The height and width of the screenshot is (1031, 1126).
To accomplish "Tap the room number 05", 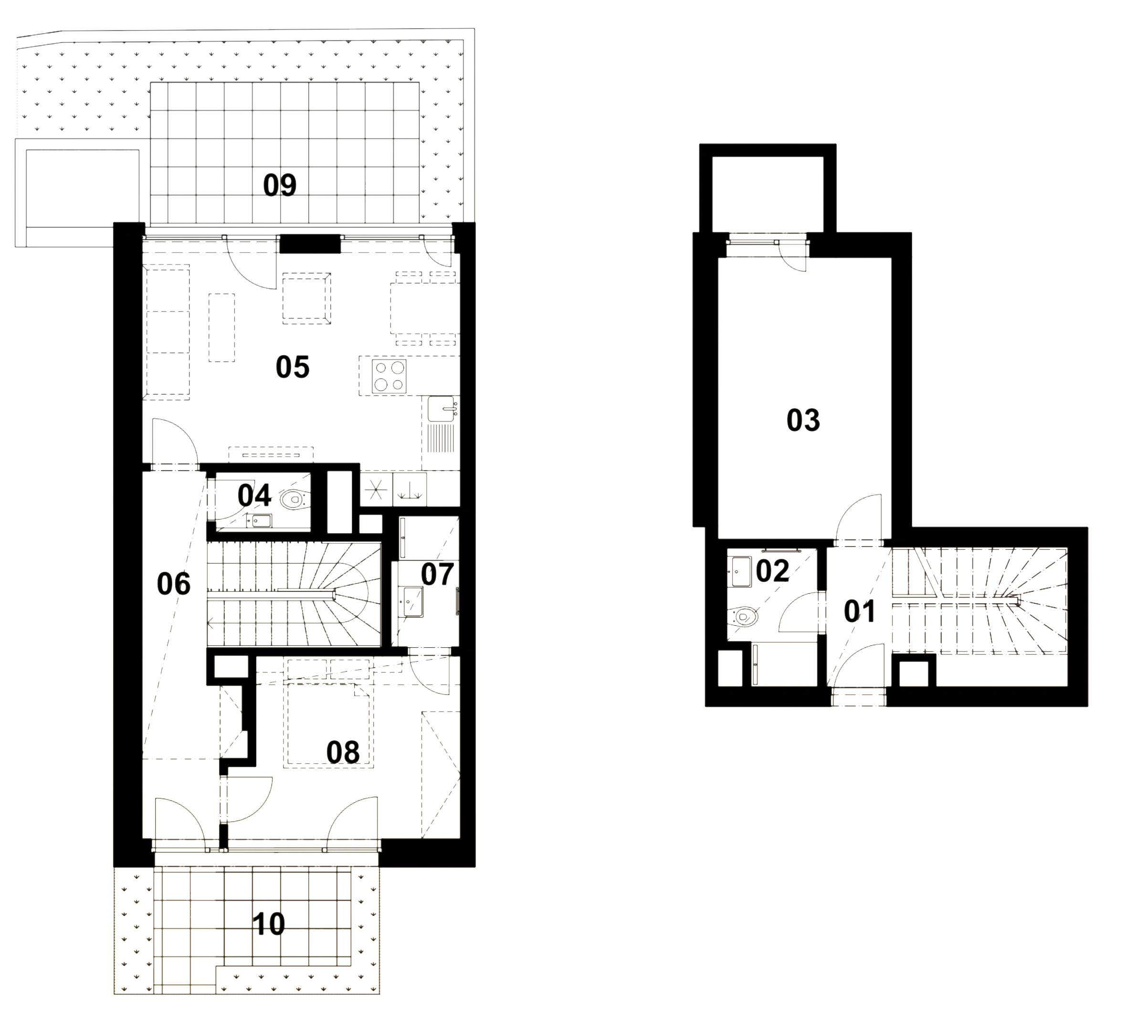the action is pos(293,367).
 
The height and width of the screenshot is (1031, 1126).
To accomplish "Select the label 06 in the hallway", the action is pos(174,584).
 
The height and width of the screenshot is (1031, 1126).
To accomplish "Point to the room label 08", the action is pos(343,753).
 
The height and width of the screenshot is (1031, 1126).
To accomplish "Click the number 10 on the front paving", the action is pos(269,925).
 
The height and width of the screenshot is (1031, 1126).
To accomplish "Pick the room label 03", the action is pos(803,421).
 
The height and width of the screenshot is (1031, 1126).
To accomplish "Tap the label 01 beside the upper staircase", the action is pos(860,611).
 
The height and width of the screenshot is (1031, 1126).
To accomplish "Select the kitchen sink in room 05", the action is pos(442,410).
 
